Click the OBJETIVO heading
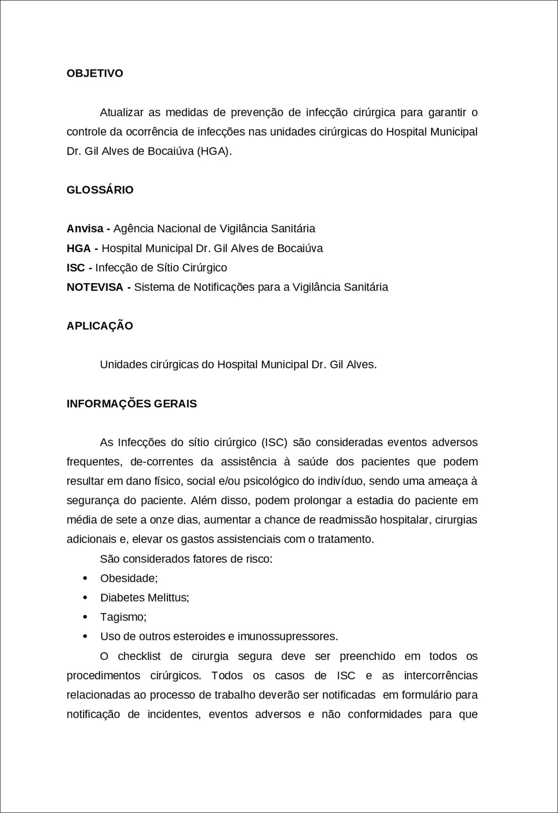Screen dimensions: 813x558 (95, 73)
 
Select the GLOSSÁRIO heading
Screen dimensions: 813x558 (100, 190)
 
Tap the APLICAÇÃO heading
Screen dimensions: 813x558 (99, 326)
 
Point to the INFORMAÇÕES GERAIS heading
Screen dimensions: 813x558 (132, 404)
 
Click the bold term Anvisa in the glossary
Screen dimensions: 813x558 (85, 229)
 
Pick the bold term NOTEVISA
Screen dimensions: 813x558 (95, 287)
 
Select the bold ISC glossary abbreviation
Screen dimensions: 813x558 (75, 268)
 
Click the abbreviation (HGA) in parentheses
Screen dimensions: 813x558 (213, 151)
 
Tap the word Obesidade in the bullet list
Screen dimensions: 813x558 (128, 578)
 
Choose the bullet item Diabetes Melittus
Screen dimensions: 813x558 (144, 598)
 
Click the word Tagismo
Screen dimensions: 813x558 (122, 617)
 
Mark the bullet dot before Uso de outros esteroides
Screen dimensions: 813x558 (85, 636)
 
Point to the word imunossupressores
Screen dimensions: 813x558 (287, 636)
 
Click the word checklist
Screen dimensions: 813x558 (139, 656)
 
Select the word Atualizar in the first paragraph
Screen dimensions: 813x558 (122, 113)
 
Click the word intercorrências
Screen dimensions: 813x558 (441, 676)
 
